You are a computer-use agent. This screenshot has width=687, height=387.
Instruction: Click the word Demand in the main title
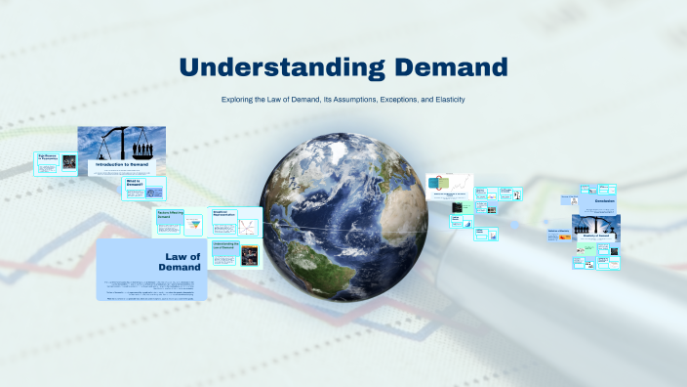coord(450,67)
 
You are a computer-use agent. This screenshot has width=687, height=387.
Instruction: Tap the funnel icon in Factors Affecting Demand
coord(192,224)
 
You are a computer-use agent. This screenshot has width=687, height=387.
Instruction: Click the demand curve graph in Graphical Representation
coord(248,227)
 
